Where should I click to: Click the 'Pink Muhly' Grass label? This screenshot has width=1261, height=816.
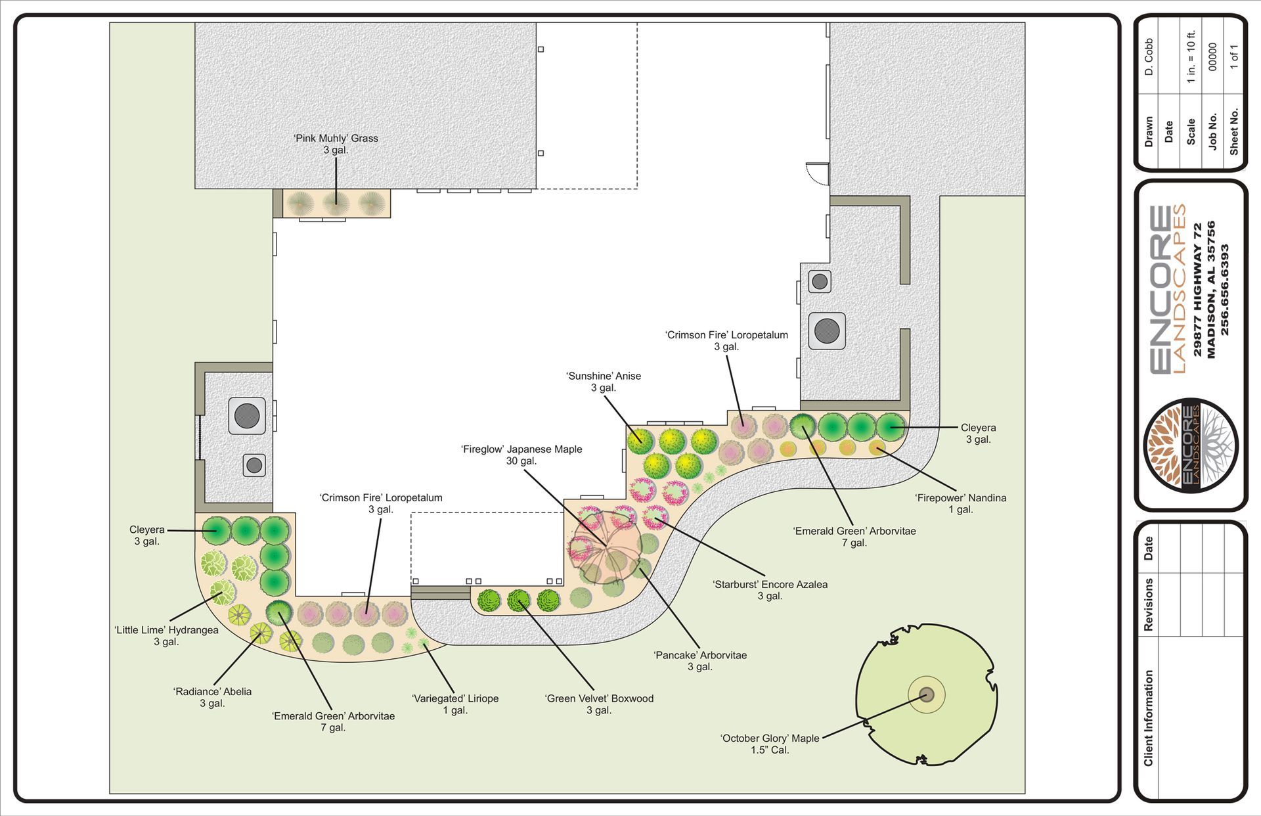click(x=336, y=144)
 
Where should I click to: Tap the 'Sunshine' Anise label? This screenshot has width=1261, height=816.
click(x=603, y=382)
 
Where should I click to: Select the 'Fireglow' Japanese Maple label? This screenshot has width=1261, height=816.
click(x=521, y=455)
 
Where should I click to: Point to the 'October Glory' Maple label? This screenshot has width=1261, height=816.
click(x=770, y=744)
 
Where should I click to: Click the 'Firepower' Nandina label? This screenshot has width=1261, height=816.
click(x=960, y=503)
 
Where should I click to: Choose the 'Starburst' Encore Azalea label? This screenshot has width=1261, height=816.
click(x=770, y=590)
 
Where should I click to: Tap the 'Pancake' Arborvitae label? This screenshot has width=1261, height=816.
click(x=700, y=661)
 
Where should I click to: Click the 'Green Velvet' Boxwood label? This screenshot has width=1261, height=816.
click(x=599, y=704)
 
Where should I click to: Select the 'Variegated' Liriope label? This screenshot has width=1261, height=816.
click(x=455, y=704)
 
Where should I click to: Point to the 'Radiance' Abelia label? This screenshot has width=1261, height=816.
click(x=212, y=697)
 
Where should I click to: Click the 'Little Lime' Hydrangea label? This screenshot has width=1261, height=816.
click(x=166, y=636)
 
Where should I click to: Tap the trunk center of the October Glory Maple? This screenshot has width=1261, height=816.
click(x=926, y=694)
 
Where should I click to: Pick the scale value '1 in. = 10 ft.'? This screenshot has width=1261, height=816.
click(x=1191, y=57)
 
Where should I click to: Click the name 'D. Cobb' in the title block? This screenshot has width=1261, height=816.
click(x=1149, y=57)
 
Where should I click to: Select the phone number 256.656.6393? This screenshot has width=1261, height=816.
click(x=1224, y=290)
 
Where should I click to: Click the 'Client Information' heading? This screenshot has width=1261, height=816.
click(x=1148, y=717)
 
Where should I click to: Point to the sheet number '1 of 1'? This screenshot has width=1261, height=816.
click(x=1234, y=57)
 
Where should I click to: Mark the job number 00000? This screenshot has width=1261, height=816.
click(x=1212, y=57)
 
